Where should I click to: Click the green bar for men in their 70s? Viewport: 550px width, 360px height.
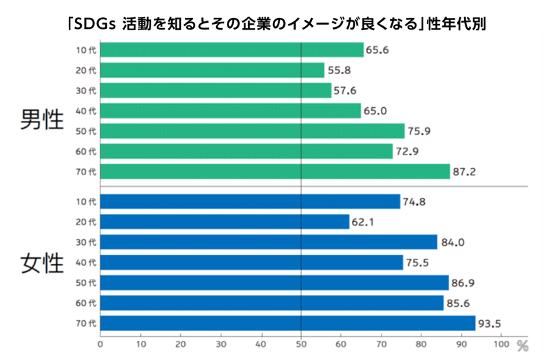tap(275, 171)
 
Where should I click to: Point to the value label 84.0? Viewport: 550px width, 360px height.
tap(452, 242)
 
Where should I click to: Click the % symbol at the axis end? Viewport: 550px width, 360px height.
tap(522, 344)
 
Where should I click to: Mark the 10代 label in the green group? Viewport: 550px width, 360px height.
tap(87, 50)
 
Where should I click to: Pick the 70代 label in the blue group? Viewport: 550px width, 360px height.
tap(87, 323)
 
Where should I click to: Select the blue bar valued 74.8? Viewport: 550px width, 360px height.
tap(250, 201)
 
